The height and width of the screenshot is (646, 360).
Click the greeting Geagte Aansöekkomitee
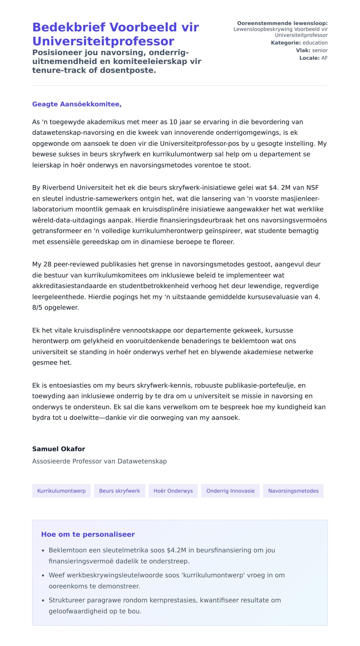tap(77, 104)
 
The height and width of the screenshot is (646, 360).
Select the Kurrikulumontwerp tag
tap(61, 491)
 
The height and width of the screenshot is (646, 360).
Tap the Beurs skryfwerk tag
tap(119, 491)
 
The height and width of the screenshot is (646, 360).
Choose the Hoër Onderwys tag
tap(173, 491)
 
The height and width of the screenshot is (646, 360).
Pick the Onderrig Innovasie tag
tap(230, 491)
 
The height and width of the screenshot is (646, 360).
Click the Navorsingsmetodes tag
tap(293, 491)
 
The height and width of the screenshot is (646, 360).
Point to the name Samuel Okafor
tap(58, 449)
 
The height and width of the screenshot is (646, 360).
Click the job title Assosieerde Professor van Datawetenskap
tap(99, 461)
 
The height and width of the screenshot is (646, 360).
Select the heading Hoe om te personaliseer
tap(88, 534)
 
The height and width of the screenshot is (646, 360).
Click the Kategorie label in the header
tap(286, 43)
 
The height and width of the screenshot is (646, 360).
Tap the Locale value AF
tap(324, 58)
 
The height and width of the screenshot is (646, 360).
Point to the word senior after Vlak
tap(319, 50)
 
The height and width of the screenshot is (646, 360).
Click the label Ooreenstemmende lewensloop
tap(282, 23)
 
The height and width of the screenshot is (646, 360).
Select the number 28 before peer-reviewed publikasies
tap(47, 264)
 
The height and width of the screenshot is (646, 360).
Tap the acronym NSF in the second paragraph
tap(312, 188)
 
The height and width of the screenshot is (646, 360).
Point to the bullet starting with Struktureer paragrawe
tap(164, 600)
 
